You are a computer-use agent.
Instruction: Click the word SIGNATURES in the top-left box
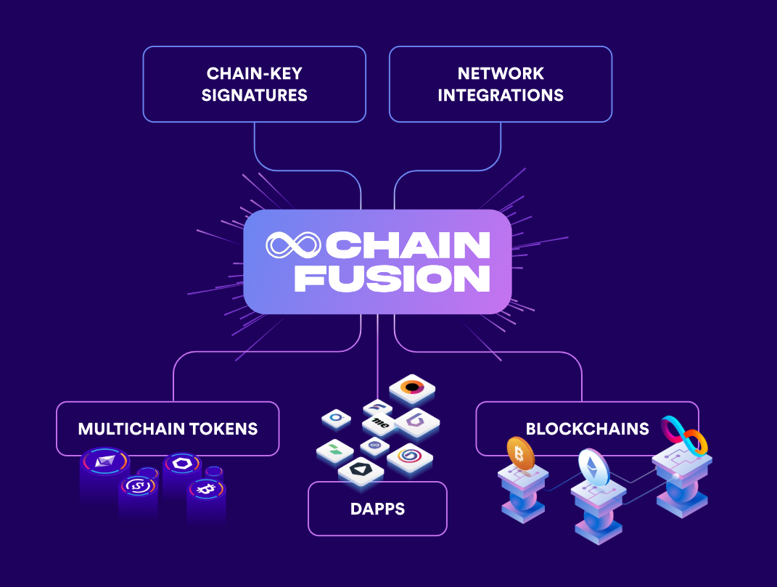pyautogui.click(x=254, y=95)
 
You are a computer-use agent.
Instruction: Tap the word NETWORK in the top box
pyautogui.click(x=501, y=73)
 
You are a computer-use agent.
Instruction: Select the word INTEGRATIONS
pyautogui.click(x=501, y=95)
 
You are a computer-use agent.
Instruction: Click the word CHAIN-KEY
pyautogui.click(x=254, y=73)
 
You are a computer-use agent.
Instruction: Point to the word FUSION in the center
pyautogui.click(x=392, y=279)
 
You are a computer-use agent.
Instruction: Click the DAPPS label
pyautogui.click(x=377, y=509)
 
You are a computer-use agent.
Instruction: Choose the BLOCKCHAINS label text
pyautogui.click(x=587, y=428)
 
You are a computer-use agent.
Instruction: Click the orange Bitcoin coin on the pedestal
pyautogui.click(x=520, y=453)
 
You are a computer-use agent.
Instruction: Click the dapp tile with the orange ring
pyautogui.click(x=411, y=389)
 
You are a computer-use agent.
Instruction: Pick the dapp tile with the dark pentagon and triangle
pyautogui.click(x=361, y=470)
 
